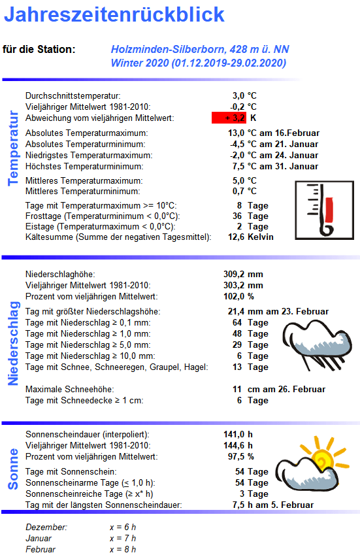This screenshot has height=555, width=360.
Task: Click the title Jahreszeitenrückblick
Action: click(x=115, y=15)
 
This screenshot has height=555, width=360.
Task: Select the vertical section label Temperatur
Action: click(x=13, y=148)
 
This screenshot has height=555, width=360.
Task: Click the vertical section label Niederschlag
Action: click(x=13, y=343)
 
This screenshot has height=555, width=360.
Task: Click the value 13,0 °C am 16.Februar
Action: click(x=273, y=133)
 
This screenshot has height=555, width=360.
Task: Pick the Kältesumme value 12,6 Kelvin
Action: click(x=252, y=237)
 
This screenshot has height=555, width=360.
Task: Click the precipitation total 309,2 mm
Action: click(x=243, y=275)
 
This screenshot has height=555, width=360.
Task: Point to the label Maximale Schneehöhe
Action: click(x=64, y=390)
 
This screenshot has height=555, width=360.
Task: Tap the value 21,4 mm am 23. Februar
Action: click(x=278, y=312)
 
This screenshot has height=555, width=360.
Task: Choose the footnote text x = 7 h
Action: click(x=123, y=538)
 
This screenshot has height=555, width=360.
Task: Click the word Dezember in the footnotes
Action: click(x=46, y=527)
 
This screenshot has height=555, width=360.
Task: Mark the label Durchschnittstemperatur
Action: click(x=73, y=96)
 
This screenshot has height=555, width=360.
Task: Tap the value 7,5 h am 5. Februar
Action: click(x=273, y=505)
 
